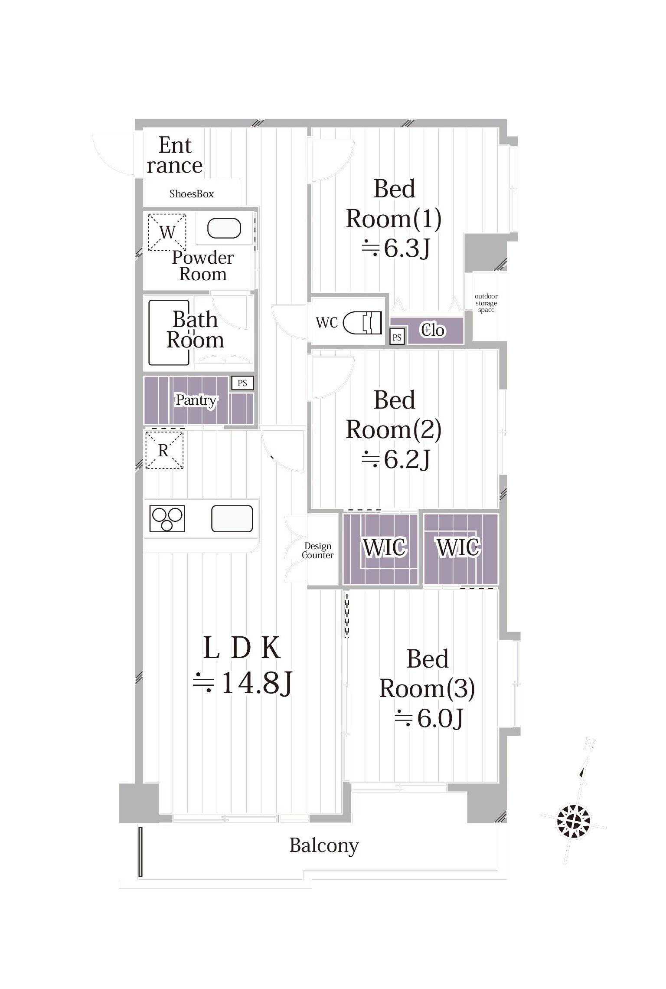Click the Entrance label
pyautogui.click(x=175, y=155)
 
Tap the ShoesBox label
pyautogui.click(x=192, y=194)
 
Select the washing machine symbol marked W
pyautogui.click(x=167, y=232)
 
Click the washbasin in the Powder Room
pyautogui.click(x=224, y=228)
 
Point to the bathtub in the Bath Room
pyautogui.click(x=169, y=333)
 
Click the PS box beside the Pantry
pyautogui.click(x=242, y=383)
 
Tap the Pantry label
pyautogui.click(x=196, y=400)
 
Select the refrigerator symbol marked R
pyautogui.click(x=164, y=450)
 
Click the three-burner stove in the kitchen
pyautogui.click(x=167, y=518)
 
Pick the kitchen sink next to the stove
pyautogui.click(x=232, y=519)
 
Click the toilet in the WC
pyautogui.click(x=362, y=323)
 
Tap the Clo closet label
pyautogui.click(x=433, y=331)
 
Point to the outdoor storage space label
pyautogui.click(x=486, y=303)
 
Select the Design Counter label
pyautogui.click(x=318, y=550)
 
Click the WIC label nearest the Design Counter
pyautogui.click(x=385, y=547)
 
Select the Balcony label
pyautogui.click(x=324, y=845)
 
